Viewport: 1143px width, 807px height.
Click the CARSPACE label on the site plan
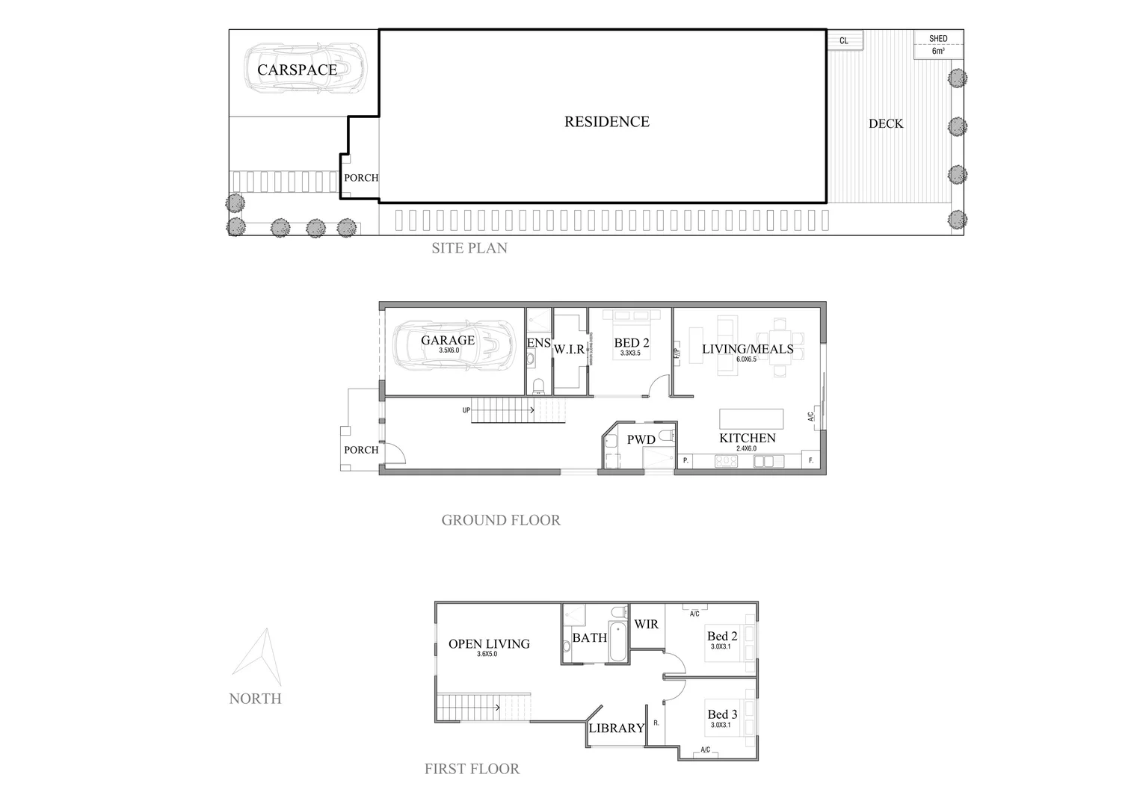pyautogui.click(x=297, y=69)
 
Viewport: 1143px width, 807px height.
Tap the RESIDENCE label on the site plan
pyautogui.click(x=606, y=121)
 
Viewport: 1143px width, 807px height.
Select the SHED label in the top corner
pyautogui.click(x=938, y=38)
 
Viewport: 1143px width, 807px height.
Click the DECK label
pyautogui.click(x=885, y=123)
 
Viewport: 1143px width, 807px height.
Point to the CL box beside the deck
pyautogui.click(x=844, y=40)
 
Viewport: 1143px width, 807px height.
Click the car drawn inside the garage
pyautogui.click(x=455, y=344)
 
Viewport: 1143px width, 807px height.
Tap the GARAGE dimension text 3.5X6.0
pyautogui.click(x=449, y=350)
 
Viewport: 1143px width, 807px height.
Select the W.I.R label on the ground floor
pyautogui.click(x=569, y=349)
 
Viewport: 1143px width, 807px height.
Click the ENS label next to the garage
pyautogui.click(x=538, y=343)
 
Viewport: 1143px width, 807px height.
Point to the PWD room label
pyautogui.click(x=641, y=439)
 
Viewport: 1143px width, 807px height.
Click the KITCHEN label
pyautogui.click(x=747, y=438)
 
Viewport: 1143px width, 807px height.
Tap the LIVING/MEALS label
pyautogui.click(x=747, y=349)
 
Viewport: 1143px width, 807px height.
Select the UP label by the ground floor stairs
pyautogui.click(x=466, y=410)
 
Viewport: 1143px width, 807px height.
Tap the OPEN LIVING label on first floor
pyautogui.click(x=489, y=643)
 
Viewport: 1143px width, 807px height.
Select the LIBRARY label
pyautogui.click(x=616, y=728)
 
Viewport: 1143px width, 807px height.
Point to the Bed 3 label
pyautogui.click(x=722, y=714)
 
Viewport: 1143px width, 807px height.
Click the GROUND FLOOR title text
pyautogui.click(x=500, y=520)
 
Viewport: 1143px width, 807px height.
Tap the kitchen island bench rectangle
pyautogui.click(x=751, y=418)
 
